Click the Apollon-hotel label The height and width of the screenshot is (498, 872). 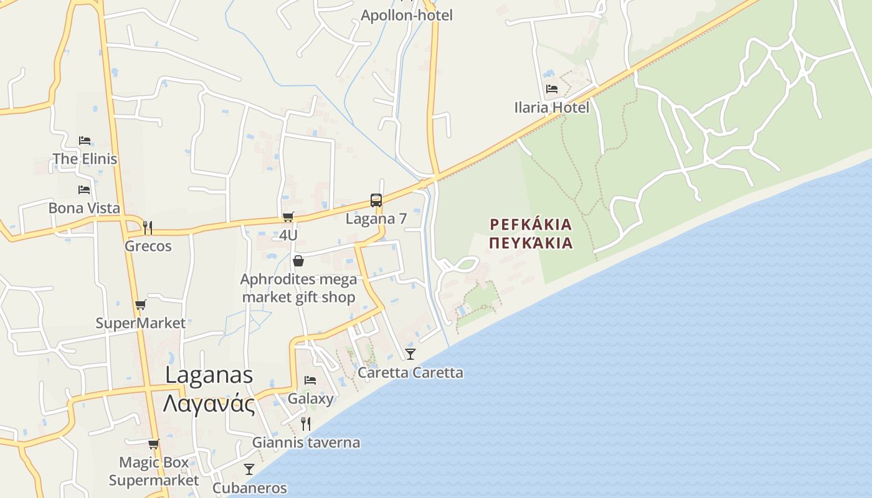407,15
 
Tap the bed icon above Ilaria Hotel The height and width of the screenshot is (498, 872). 552,89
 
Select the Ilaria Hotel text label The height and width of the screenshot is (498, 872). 552,108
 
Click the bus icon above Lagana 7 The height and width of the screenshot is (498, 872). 376,200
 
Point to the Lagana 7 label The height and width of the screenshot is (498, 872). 376,218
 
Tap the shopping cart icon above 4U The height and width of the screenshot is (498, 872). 288,217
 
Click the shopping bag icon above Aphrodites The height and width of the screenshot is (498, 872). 298,261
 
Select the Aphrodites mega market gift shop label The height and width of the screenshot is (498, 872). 299,288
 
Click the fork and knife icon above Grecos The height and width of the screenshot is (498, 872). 148,227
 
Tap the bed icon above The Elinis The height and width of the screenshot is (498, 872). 85,141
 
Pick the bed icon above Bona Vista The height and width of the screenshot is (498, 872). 84,189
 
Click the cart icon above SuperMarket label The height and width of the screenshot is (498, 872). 141,305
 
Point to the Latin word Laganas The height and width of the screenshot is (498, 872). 209,375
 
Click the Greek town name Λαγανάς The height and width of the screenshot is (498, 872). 209,403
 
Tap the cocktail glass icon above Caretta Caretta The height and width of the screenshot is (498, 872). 410,354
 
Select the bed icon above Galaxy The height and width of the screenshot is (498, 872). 310,380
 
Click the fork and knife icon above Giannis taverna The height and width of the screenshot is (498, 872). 306,424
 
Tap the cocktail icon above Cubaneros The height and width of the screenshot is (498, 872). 249,469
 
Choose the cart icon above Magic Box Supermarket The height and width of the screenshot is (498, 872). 154,444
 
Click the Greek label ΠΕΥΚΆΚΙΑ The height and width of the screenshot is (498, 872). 531,243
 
